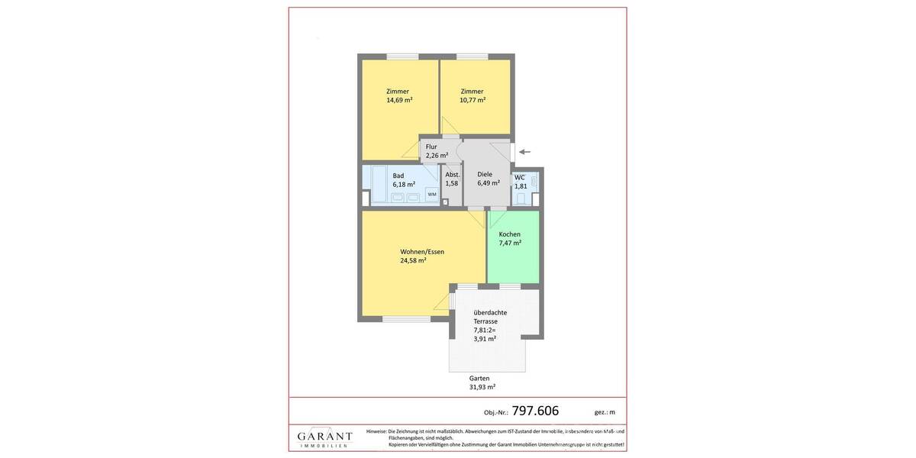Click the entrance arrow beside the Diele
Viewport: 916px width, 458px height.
(x=524, y=152)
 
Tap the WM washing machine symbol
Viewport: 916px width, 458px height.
(x=432, y=194)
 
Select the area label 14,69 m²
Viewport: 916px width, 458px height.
(x=399, y=100)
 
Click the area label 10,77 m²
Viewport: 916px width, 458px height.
(x=473, y=100)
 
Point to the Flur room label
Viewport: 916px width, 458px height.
(x=431, y=147)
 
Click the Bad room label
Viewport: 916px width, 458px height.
(x=398, y=176)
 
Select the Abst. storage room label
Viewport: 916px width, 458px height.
(x=453, y=175)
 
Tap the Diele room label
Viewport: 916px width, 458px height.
(x=485, y=174)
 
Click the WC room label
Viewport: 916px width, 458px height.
(x=519, y=178)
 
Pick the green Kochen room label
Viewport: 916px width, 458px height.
(x=510, y=234)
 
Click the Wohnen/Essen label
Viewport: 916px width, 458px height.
(x=422, y=252)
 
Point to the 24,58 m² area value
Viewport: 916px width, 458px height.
(x=413, y=260)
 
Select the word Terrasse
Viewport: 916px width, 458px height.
(x=485, y=321)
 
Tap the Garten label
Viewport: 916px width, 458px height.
(x=479, y=378)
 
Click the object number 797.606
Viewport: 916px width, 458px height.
(x=535, y=411)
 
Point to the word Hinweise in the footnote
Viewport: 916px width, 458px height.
(x=376, y=431)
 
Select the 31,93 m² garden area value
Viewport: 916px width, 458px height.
(x=482, y=387)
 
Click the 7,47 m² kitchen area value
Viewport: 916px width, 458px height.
(x=510, y=243)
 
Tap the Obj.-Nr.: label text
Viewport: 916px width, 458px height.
(x=495, y=412)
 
